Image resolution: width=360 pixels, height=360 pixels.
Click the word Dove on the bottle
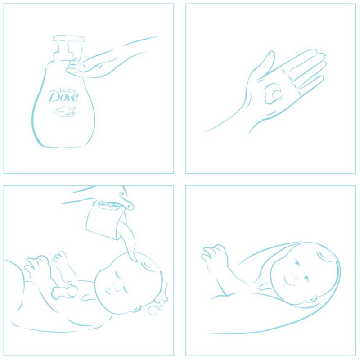[x=63, y=97]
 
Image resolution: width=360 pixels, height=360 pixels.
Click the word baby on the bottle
[x=68, y=90]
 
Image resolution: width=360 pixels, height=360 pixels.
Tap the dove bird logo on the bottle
[x=64, y=111]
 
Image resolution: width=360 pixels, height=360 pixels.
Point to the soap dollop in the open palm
[x=273, y=93]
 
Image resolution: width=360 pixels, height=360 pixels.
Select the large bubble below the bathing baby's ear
[x=153, y=310]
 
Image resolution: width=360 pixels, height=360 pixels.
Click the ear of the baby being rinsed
[x=135, y=308]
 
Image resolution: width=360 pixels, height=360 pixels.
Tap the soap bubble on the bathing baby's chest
[x=72, y=290]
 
